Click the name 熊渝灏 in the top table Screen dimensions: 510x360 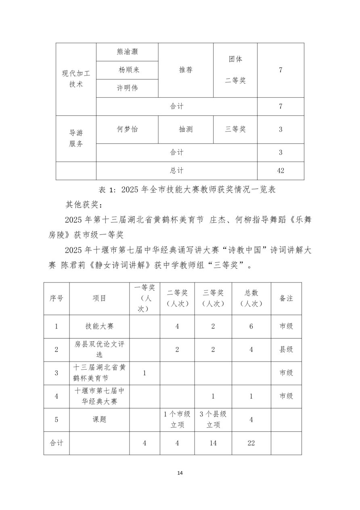(x=127, y=52)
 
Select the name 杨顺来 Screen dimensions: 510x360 (x=127, y=70)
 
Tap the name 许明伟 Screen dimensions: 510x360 (x=127, y=88)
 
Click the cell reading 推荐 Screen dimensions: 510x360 (x=186, y=70)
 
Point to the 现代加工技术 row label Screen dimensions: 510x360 (x=76, y=79)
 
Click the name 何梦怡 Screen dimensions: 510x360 (x=127, y=129)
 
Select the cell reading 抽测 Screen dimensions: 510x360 (x=186, y=129)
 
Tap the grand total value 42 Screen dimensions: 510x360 (x=280, y=171)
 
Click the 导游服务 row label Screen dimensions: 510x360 (x=76, y=138)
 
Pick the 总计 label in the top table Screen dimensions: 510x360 (x=177, y=171)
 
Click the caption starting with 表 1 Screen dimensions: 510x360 (x=187, y=190)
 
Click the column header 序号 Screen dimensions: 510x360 (x=57, y=298)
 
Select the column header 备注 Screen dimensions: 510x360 (x=286, y=298)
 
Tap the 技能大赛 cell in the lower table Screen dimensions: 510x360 (x=99, y=326)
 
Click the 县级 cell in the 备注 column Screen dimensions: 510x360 (x=286, y=349)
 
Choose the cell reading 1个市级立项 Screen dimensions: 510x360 (x=177, y=420)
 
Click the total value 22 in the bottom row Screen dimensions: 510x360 (x=251, y=443)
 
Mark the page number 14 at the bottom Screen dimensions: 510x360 (x=180, y=473)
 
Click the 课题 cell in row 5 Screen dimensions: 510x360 (x=99, y=420)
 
